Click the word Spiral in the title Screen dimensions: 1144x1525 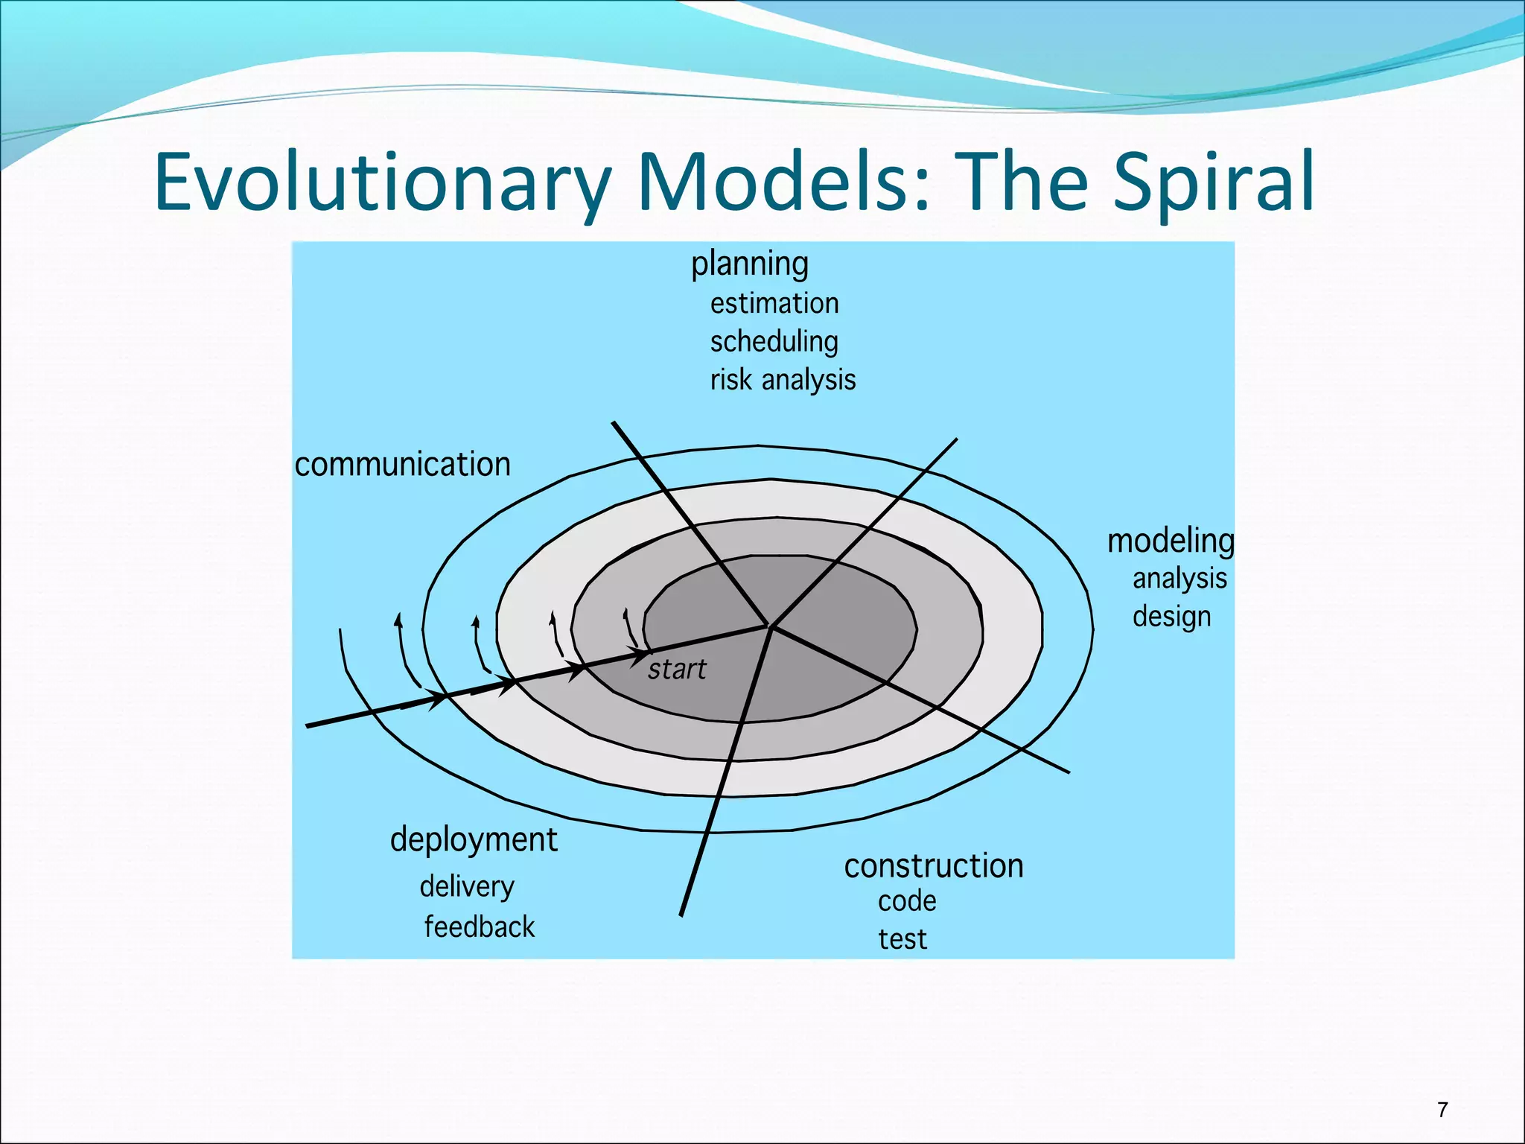[x=1214, y=182]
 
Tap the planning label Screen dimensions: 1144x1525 [x=749, y=264]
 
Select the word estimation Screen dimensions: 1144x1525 [x=774, y=304]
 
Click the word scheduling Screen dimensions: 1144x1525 [x=774, y=342]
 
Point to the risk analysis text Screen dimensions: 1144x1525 [x=783, y=380]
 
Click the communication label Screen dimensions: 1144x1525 [x=403, y=465]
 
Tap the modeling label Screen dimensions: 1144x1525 [x=1170, y=541]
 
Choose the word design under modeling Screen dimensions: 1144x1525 [x=1171, y=617]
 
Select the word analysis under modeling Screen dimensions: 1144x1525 [x=1179, y=579]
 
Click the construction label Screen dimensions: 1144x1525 [x=934, y=866]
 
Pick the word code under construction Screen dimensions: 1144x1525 [x=907, y=902]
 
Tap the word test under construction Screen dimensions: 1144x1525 [x=902, y=940]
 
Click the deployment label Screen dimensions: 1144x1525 [x=474, y=841]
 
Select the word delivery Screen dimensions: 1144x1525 [x=467, y=887]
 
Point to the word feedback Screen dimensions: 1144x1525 [x=480, y=927]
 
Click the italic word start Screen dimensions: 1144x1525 [x=676, y=670]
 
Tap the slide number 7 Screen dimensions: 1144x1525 [x=1442, y=1110]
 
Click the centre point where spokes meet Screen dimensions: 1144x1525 [x=771, y=626]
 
